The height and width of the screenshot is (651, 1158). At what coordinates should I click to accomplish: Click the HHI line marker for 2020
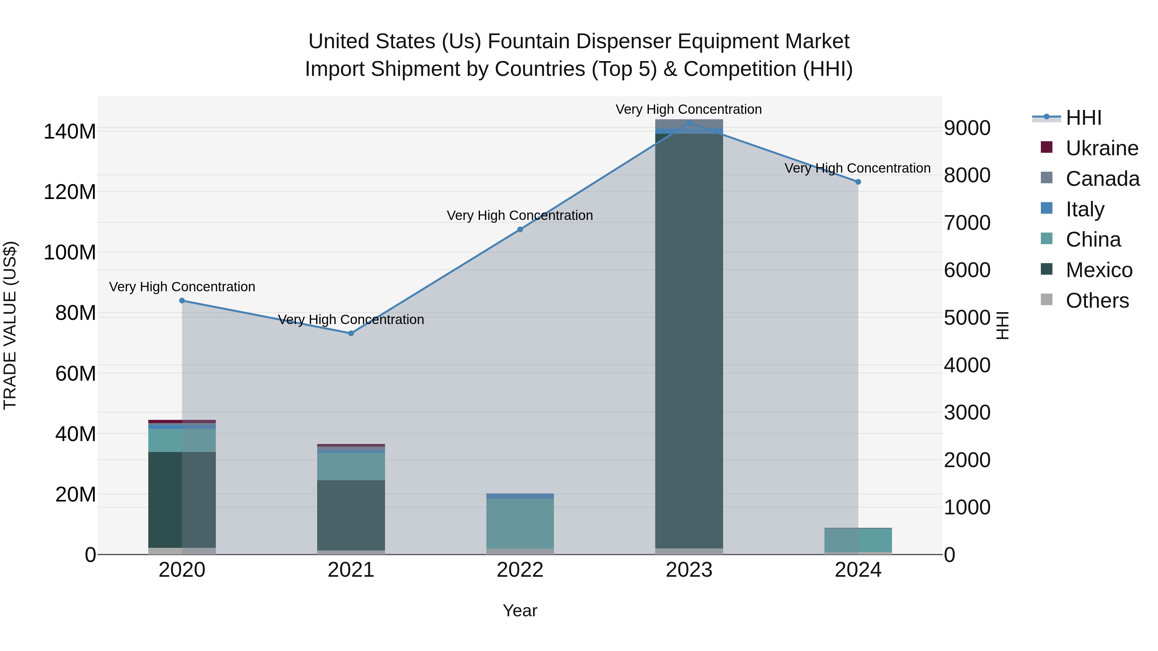(182, 301)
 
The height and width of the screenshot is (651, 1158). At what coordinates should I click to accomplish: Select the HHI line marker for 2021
(351, 333)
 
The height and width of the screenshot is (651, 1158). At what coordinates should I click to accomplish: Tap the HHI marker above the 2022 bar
(520, 230)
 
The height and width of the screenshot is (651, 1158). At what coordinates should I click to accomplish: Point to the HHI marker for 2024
(858, 182)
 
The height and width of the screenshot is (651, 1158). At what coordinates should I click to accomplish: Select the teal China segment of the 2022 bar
(520, 523)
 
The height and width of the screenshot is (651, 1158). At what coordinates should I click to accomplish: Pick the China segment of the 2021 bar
(351, 466)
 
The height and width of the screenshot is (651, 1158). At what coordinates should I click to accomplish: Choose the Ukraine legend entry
(1102, 148)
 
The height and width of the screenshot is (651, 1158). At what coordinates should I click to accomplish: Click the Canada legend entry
(1102, 179)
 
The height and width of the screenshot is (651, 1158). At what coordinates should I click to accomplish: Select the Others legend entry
(1097, 301)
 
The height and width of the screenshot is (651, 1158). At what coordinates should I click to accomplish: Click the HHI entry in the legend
(1083, 118)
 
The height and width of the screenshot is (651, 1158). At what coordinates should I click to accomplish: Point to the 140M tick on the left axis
(70, 132)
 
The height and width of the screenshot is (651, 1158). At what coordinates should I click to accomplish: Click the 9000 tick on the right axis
(967, 128)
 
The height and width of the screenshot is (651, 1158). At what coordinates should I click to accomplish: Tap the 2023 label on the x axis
(689, 570)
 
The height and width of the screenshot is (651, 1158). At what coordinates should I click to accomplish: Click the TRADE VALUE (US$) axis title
(10, 325)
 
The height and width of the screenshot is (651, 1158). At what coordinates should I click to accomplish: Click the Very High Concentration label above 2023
(689, 110)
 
